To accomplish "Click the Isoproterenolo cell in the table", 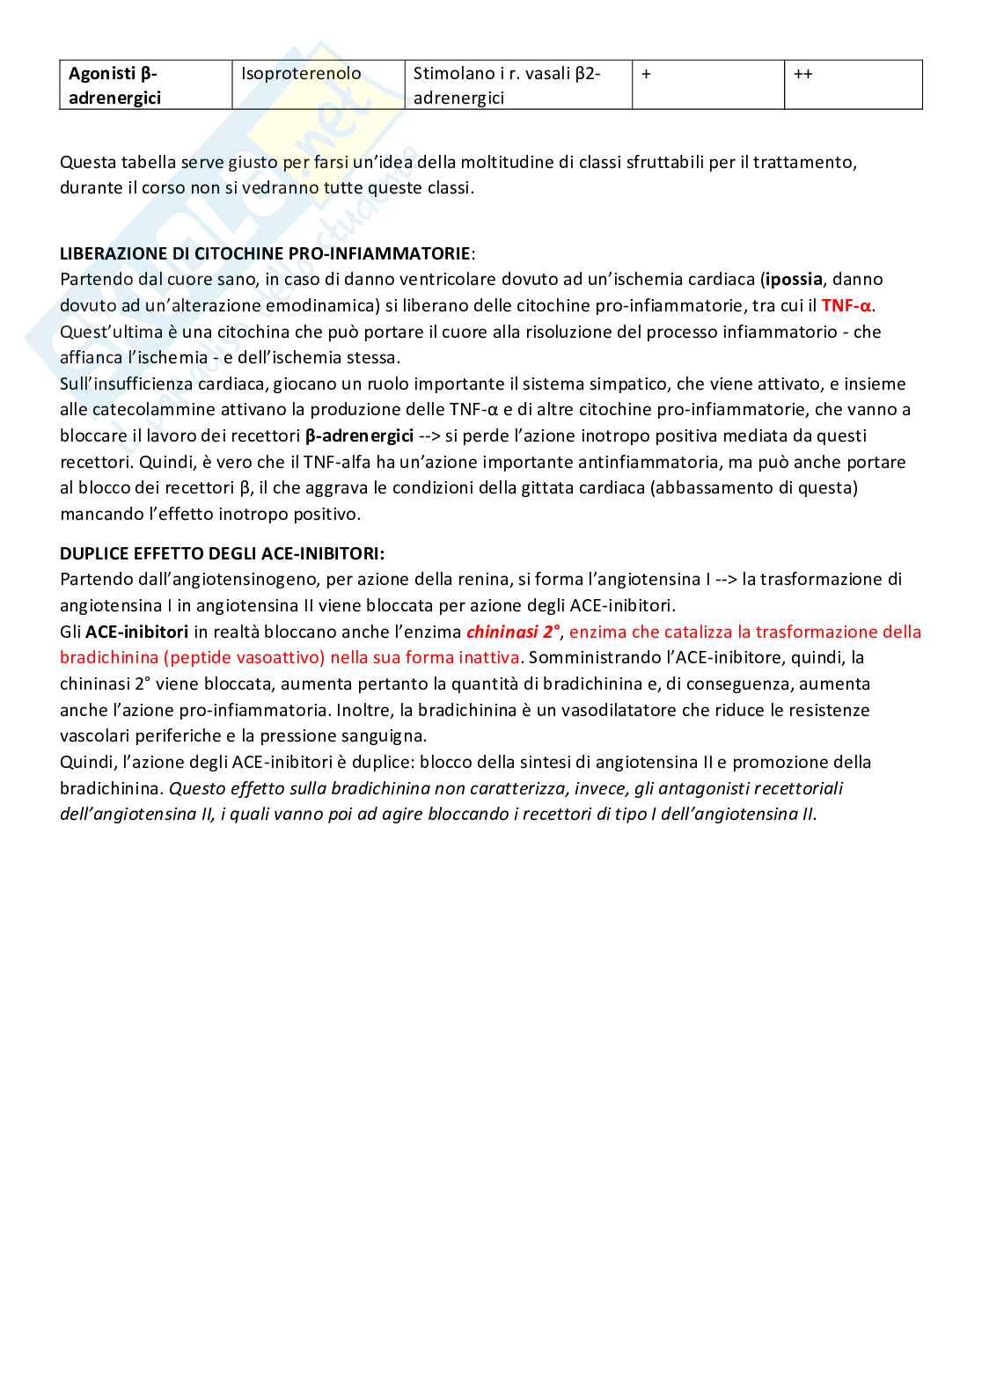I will tap(301, 74).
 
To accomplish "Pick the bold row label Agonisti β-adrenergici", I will tap(114, 85).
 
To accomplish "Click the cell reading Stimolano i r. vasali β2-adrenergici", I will tap(507, 85).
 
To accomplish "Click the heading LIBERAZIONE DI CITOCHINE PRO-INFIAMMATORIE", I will tap(265, 253).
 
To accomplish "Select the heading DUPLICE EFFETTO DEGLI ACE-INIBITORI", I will tap(222, 553).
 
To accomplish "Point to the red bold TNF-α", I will tap(846, 305).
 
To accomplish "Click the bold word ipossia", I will tap(795, 279).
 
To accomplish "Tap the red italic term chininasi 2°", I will tap(513, 632).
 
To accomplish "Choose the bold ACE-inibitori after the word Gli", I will tap(136, 632).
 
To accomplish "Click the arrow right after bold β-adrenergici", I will tap(429, 435).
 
